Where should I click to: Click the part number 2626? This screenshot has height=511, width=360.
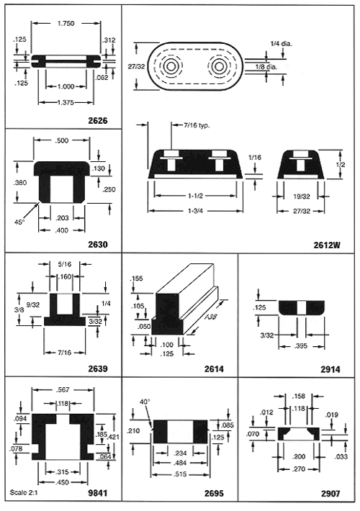pyautogui.click(x=98, y=121)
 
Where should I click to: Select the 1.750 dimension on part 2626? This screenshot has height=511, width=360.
pyautogui.click(x=66, y=24)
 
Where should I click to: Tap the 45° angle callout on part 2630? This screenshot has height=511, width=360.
pyautogui.click(x=19, y=222)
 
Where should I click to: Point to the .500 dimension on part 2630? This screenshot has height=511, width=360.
pyautogui.click(x=62, y=140)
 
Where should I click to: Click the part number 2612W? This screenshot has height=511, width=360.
pyautogui.click(x=327, y=245)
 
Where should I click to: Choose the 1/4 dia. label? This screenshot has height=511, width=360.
pyautogui.click(x=282, y=43)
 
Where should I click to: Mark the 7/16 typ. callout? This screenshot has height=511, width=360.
pyautogui.click(x=197, y=125)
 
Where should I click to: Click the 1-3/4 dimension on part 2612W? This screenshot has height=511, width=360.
pyautogui.click(x=196, y=211)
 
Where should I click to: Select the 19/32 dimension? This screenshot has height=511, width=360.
pyautogui.click(x=302, y=196)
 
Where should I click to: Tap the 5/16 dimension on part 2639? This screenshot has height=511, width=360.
pyautogui.click(x=65, y=263)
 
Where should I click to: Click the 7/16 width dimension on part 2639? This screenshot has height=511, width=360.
pyautogui.click(x=64, y=352)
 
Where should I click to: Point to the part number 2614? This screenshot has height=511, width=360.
pyautogui.click(x=215, y=369)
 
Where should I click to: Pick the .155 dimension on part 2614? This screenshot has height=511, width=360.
pyautogui.click(x=136, y=279)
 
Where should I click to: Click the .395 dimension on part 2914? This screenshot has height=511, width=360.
pyautogui.click(x=301, y=346)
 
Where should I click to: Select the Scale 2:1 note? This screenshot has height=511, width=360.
pyautogui.click(x=24, y=492)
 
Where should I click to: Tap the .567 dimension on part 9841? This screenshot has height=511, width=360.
pyautogui.click(x=63, y=390)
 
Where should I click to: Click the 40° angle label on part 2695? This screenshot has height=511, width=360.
pyautogui.click(x=145, y=402)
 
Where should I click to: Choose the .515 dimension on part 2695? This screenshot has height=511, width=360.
pyautogui.click(x=180, y=474)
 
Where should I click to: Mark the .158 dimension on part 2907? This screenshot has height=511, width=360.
pyautogui.click(x=299, y=397)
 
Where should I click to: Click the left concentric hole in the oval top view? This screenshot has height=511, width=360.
pyautogui.click(x=170, y=67)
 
